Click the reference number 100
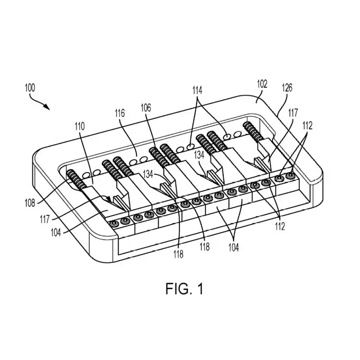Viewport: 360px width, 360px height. click(x=32, y=87)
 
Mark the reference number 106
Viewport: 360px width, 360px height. click(x=145, y=107)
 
